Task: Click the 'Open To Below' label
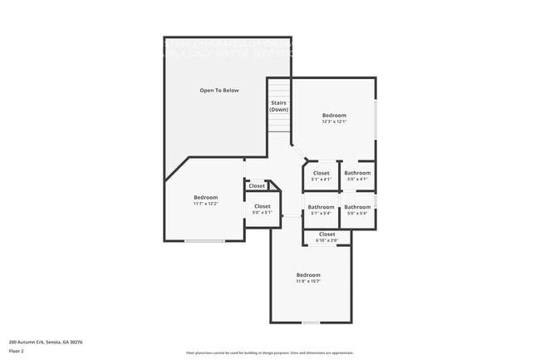pyautogui.click(x=219, y=90)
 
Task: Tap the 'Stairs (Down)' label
pyautogui.click(x=279, y=106)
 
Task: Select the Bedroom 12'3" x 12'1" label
pyautogui.click(x=334, y=118)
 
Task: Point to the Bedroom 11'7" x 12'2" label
pyautogui.click(x=205, y=200)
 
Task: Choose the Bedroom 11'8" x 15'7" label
pyautogui.click(x=308, y=278)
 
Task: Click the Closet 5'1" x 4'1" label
pyautogui.click(x=321, y=175)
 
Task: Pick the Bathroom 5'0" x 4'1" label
pyautogui.click(x=357, y=175)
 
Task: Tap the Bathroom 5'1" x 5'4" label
pyautogui.click(x=321, y=210)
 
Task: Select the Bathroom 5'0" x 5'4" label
pyautogui.click(x=357, y=210)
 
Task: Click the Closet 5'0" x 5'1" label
pyautogui.click(x=262, y=209)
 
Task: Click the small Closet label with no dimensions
pyautogui.click(x=257, y=186)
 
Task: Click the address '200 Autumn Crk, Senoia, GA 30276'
pyautogui.click(x=46, y=342)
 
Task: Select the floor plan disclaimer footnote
pyautogui.click(x=270, y=353)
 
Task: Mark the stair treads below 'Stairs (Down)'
pyautogui.click(x=279, y=123)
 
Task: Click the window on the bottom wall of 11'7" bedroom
pyautogui.click(x=204, y=241)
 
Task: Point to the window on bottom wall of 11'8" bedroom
pyautogui.click(x=310, y=323)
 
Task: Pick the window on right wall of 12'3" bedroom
pyautogui.click(x=376, y=119)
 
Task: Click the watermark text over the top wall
pyautogui.click(x=228, y=47)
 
